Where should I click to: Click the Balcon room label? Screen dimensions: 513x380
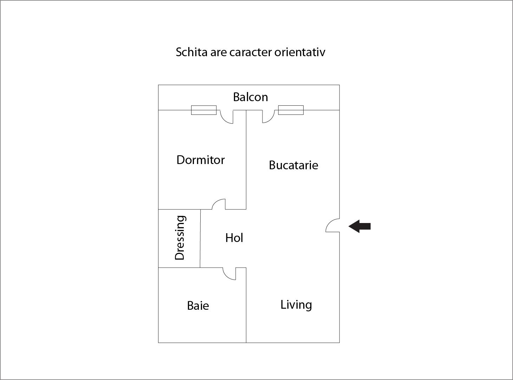pos(251,97)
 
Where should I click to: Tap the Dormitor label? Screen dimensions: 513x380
pos(201,160)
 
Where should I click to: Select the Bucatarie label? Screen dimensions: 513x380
pos(293,165)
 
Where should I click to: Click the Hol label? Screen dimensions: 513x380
pos(234,238)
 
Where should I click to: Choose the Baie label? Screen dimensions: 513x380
pos(198,306)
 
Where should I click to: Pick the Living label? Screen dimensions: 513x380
pos(296,305)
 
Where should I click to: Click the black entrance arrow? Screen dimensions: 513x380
pos(360,226)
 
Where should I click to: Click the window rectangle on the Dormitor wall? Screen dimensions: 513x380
pos(204,110)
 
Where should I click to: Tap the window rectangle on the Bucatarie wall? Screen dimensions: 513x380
pos(291,110)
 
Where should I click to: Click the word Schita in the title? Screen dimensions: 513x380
pos(191,52)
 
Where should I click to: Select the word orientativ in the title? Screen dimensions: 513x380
pos(300,52)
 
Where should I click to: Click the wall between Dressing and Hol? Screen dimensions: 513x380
pos(200,238)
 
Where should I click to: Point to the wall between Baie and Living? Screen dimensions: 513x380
pos(246,305)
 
